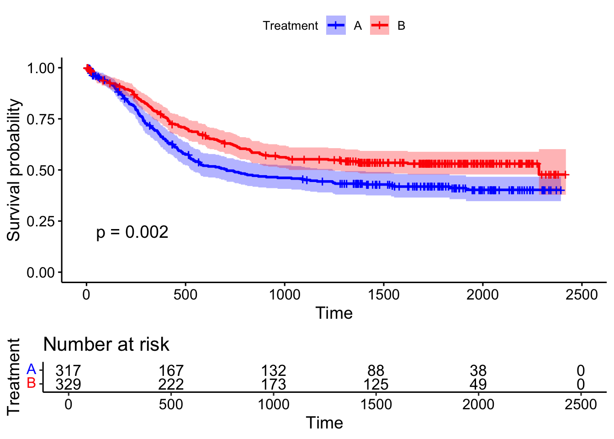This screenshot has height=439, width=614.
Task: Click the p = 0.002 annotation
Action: point(132,232)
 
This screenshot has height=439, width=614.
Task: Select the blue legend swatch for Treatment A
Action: point(336,26)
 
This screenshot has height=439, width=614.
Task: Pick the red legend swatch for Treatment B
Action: point(380,26)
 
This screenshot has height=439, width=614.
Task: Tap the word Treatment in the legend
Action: point(290,26)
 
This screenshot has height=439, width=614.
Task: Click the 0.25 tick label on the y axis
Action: point(41,221)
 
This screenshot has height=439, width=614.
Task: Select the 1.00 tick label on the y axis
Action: point(41,68)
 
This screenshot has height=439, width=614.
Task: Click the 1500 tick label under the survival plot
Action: point(383,294)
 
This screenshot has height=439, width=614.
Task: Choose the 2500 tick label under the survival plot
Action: point(581,294)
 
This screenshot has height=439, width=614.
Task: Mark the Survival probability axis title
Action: point(14,170)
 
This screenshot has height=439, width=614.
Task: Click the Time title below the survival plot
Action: point(334,313)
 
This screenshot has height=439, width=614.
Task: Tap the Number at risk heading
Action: point(106,344)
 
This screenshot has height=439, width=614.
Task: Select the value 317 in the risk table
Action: point(68,370)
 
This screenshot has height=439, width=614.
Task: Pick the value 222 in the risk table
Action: point(171,384)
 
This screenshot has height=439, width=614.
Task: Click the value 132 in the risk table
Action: point(273,370)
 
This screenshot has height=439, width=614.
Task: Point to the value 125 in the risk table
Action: point(376,384)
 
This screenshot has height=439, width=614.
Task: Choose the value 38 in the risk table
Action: point(478,370)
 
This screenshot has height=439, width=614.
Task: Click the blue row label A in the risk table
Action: point(31,369)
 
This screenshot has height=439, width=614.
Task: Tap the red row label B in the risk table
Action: point(31,383)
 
